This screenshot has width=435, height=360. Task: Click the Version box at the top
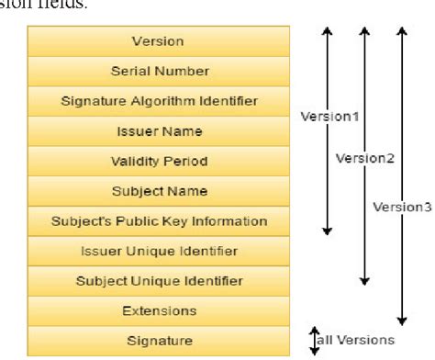point(159,41)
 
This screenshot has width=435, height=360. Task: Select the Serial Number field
point(159,71)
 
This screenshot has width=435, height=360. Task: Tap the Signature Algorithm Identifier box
point(159,101)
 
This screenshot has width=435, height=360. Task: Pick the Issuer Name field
point(159,131)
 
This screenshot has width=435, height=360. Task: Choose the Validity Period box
point(159,162)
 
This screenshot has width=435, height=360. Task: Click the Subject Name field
point(159,191)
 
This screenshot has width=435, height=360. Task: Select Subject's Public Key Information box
point(159,221)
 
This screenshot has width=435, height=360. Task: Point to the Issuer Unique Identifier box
point(159,251)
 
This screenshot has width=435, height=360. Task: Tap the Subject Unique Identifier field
point(159,281)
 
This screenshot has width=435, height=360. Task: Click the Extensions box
point(159,311)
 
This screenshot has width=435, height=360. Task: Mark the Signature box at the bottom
point(159,342)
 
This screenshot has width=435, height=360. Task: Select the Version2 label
point(358,158)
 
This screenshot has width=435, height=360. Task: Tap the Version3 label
point(402,207)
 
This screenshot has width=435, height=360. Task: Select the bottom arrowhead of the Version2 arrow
point(364,279)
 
